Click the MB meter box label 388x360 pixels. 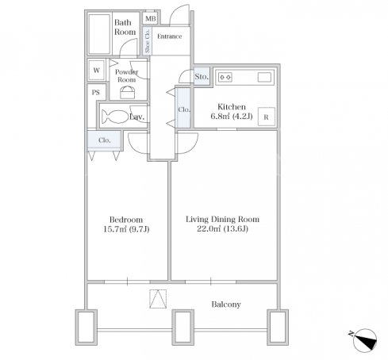151,19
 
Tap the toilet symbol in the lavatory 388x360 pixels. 115,117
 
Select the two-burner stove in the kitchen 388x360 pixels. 225,77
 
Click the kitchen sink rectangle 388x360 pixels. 264,77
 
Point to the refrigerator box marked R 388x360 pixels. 267,117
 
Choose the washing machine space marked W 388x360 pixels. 97,71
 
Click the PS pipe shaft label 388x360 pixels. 96,93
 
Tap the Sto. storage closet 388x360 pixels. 202,76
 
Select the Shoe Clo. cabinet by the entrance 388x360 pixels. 148,40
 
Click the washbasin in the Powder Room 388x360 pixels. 128,93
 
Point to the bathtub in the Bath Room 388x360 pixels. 99,34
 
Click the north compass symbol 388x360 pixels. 364,340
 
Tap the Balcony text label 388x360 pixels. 226,304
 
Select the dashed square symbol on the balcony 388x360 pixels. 158,299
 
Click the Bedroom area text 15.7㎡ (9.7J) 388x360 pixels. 126,229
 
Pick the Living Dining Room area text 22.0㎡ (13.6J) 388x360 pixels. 222,228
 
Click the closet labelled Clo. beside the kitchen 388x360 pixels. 183,108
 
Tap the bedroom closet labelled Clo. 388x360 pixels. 105,140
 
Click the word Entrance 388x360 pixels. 170,36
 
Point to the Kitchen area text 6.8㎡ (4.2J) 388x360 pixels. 232,117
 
